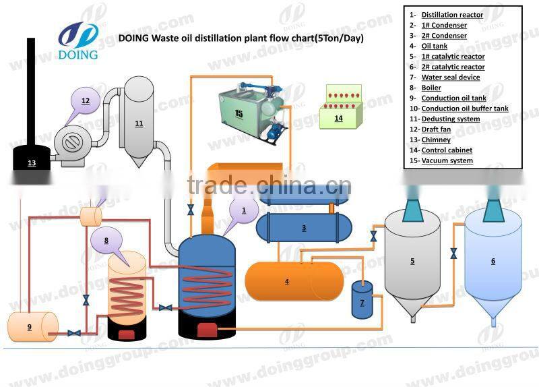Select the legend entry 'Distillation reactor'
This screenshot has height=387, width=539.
452,15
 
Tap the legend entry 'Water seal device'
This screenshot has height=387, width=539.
451,78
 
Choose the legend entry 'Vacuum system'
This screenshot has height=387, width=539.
447,160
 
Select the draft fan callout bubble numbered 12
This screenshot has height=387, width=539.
86,101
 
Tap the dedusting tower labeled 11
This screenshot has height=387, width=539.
139,121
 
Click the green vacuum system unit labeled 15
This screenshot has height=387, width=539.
249,111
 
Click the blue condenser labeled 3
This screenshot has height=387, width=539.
304,228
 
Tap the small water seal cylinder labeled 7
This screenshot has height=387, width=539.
362,301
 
